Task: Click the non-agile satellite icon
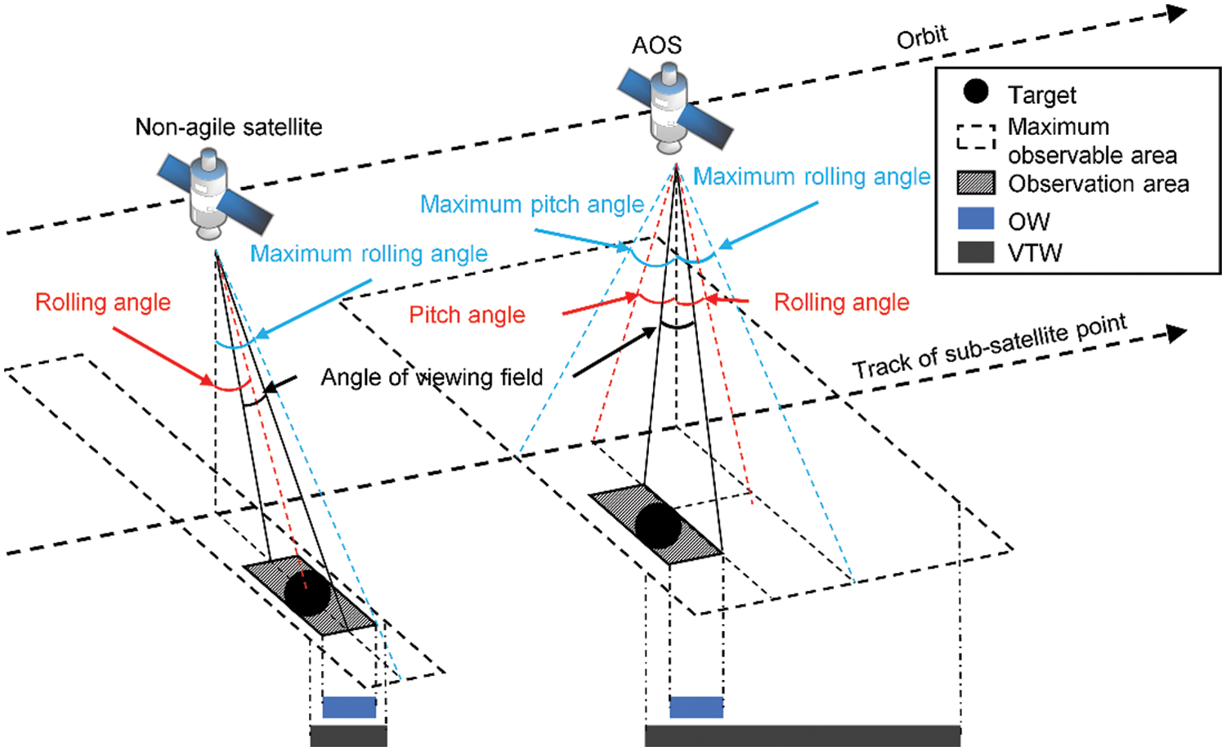click(211, 194)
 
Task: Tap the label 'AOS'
click(656, 45)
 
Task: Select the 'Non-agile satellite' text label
click(229, 127)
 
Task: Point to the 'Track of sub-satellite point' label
click(989, 346)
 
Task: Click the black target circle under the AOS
click(658, 525)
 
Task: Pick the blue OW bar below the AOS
click(696, 707)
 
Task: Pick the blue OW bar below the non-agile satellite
click(349, 707)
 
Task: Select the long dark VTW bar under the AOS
click(803, 735)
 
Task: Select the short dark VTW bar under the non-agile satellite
click(348, 735)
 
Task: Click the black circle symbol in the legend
click(976, 92)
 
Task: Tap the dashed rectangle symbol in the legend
click(976, 137)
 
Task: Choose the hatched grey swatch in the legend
click(976, 183)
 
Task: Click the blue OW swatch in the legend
click(976, 219)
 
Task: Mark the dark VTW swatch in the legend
click(976, 252)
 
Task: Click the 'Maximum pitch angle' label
click(531, 204)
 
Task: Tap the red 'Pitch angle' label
click(467, 315)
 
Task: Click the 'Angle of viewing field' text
click(432, 378)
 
